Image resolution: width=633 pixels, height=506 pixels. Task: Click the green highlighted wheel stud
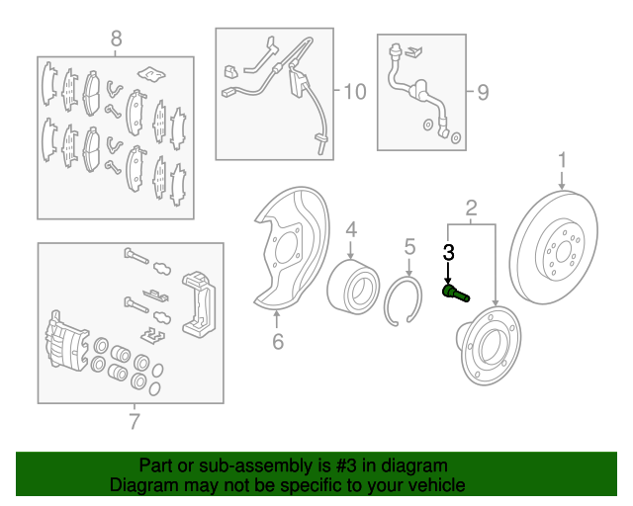click(456, 293)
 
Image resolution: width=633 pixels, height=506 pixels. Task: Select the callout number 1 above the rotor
click(563, 160)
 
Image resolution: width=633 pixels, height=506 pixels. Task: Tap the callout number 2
click(471, 209)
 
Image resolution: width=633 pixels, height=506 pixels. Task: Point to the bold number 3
click(448, 253)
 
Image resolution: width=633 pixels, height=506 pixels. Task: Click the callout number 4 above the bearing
click(351, 229)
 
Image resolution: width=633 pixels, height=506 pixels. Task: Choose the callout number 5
click(409, 246)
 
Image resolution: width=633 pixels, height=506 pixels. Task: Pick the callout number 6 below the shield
click(278, 341)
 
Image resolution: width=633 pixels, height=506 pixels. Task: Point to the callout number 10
click(355, 92)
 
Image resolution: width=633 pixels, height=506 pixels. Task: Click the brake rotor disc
click(554, 247)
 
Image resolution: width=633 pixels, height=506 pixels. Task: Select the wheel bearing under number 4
click(353, 287)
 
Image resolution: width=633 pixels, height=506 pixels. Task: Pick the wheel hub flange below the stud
click(489, 345)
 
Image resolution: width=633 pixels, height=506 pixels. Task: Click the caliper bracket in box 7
click(199, 304)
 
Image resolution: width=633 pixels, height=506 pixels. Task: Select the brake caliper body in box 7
click(66, 341)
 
